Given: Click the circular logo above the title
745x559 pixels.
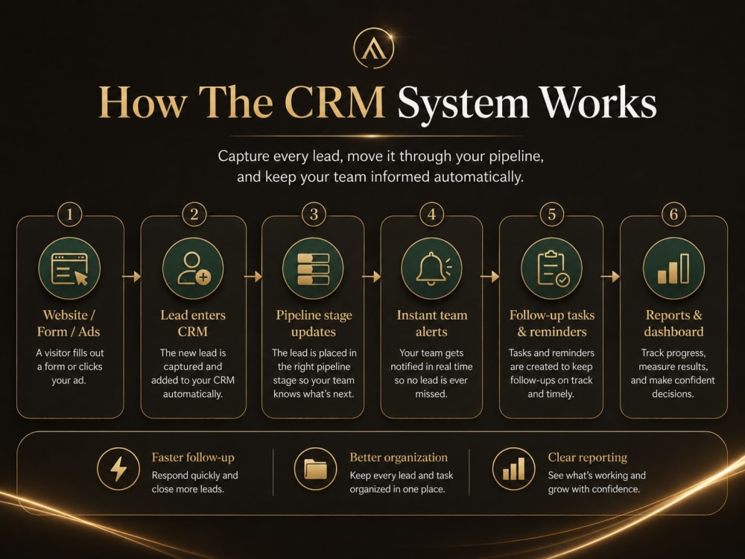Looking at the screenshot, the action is (x=373, y=48).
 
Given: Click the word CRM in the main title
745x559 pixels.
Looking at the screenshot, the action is (x=335, y=102).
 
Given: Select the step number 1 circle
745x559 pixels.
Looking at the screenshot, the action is (x=70, y=215).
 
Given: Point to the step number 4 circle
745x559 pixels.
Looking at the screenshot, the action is (x=431, y=215).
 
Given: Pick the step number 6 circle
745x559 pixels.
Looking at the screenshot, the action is (x=673, y=215).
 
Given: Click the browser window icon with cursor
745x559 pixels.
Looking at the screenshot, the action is (x=69, y=268).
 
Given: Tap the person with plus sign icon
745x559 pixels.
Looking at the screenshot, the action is (x=193, y=268).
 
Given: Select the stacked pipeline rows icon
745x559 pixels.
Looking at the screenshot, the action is (x=313, y=268).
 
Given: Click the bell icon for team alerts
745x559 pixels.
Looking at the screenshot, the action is (x=431, y=268).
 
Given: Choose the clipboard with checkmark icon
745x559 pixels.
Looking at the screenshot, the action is (x=551, y=268).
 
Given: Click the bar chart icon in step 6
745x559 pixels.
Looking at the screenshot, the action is (x=673, y=268).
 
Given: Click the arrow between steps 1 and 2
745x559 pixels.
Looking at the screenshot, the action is (x=132, y=277).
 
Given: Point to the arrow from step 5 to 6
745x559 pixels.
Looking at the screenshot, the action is (x=611, y=277).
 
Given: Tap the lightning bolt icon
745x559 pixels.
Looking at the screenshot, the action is (x=118, y=469).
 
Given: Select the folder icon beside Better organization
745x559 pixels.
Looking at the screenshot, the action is (x=315, y=469).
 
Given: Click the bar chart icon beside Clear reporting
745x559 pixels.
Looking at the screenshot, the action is (x=513, y=469).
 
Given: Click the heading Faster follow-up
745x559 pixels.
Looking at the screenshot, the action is (x=193, y=458).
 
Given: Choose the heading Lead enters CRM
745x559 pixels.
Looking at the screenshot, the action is (x=193, y=323).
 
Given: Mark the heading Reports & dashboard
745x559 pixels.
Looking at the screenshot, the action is (x=673, y=323).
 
